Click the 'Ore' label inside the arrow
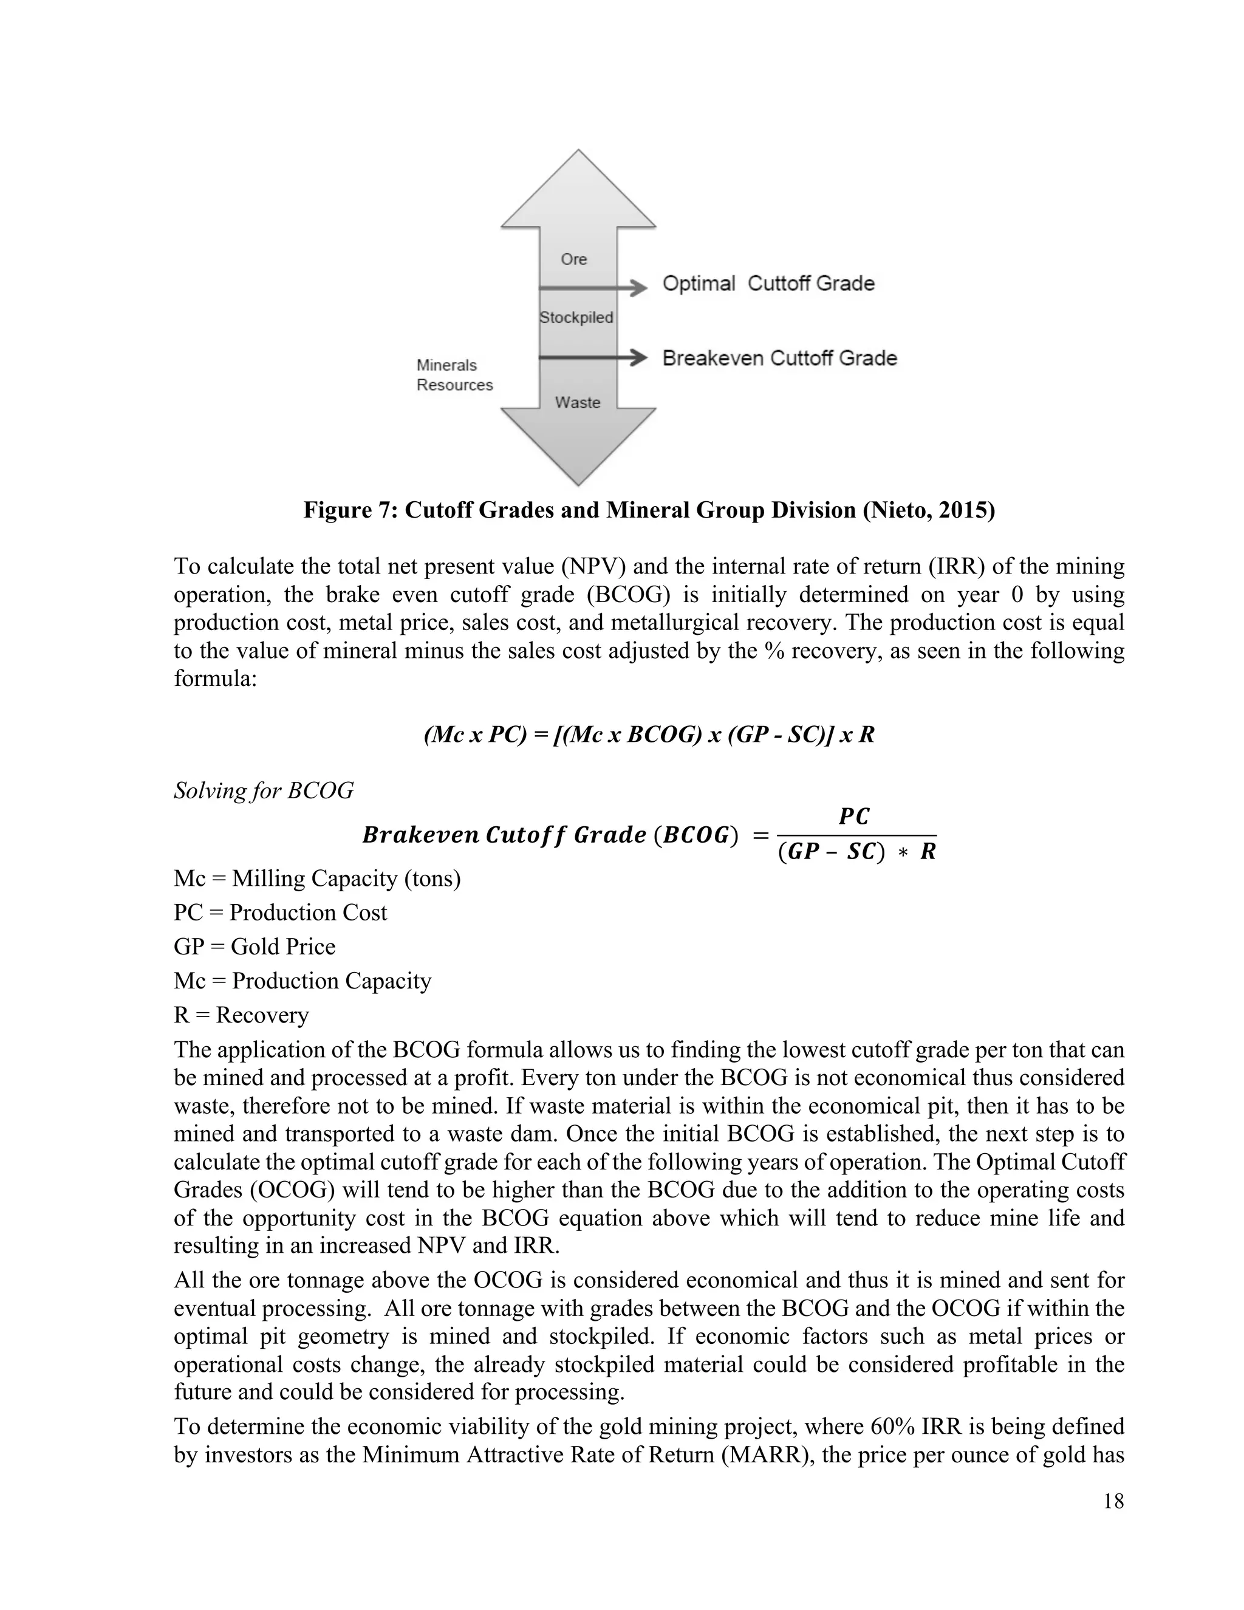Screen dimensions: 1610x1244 (x=573, y=259)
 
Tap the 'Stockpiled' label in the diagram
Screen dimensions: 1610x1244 (x=576, y=318)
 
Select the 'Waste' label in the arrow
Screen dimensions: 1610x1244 (x=577, y=402)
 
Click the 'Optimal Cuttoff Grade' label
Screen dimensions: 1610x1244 (x=768, y=284)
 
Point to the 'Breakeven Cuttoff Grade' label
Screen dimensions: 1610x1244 (x=779, y=358)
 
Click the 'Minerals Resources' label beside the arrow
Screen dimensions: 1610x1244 (x=453, y=375)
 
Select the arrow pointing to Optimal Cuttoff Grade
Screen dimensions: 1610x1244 (x=593, y=287)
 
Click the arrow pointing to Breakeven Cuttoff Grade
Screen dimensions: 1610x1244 (x=593, y=358)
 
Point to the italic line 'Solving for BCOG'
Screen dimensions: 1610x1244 (x=264, y=791)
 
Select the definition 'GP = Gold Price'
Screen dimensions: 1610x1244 (x=255, y=947)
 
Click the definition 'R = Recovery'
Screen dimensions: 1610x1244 (x=241, y=1015)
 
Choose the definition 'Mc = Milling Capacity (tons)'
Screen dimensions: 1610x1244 (x=317, y=879)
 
